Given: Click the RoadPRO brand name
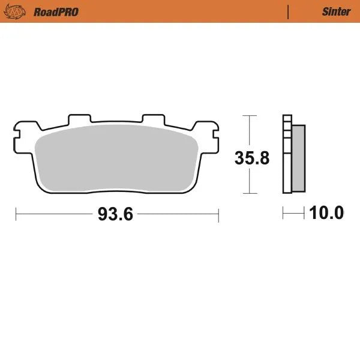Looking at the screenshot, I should pyautogui.click(x=56, y=11).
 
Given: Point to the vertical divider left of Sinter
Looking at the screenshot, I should pyautogui.click(x=288, y=11).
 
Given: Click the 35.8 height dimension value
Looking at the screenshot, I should pyautogui.click(x=251, y=158).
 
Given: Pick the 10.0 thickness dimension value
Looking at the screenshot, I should pyautogui.click(x=326, y=213).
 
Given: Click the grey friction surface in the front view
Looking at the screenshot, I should pyautogui.click(x=116, y=159).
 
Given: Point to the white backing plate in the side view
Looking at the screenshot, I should pyautogui.click(x=287, y=156).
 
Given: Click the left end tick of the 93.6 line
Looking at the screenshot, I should pyautogui.click(x=16, y=214).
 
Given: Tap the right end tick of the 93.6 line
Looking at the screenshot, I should pyautogui.click(x=218, y=214).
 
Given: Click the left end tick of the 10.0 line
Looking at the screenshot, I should pyautogui.click(x=284, y=213).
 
